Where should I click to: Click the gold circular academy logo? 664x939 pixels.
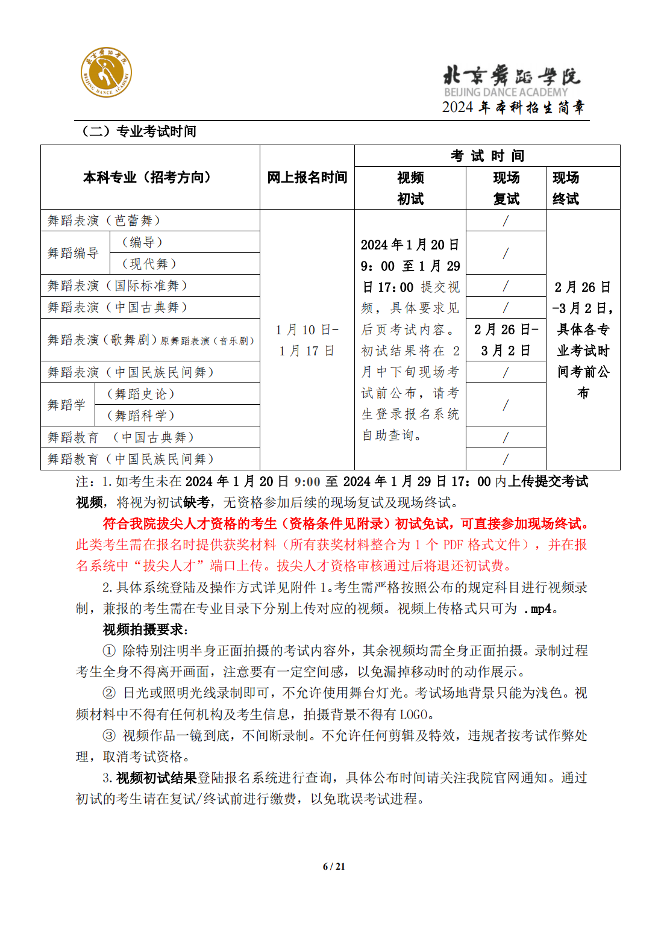(x=106, y=72)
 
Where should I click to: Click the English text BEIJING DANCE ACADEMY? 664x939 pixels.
(x=506, y=92)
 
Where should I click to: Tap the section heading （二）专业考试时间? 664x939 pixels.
(x=139, y=131)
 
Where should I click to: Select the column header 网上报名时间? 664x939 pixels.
(x=307, y=177)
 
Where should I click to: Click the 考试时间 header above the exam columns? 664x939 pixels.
(x=487, y=156)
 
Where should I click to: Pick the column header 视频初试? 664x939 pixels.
(x=410, y=188)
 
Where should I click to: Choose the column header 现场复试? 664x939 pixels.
(x=506, y=188)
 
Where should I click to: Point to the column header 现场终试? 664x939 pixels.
(x=566, y=188)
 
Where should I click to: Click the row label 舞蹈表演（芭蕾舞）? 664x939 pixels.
(x=104, y=220)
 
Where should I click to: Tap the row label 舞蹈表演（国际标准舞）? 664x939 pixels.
(x=117, y=285)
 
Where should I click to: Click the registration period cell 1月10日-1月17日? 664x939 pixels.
(x=307, y=340)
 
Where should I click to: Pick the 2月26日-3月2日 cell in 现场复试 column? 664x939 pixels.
(x=506, y=340)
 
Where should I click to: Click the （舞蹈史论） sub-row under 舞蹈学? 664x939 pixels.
(x=140, y=394)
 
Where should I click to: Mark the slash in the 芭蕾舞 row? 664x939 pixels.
(x=506, y=220)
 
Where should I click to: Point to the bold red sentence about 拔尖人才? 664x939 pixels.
(x=346, y=523)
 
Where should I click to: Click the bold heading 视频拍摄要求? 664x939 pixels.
(x=145, y=629)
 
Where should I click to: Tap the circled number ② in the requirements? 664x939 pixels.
(x=109, y=693)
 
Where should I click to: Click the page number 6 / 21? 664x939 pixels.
(x=334, y=866)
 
